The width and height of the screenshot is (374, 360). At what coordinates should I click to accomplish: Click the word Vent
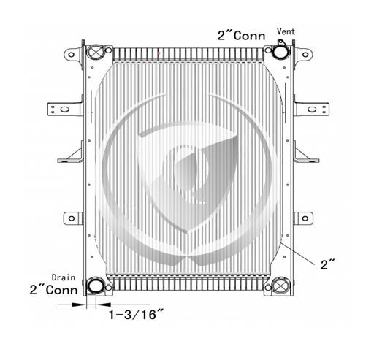[x=286, y=31]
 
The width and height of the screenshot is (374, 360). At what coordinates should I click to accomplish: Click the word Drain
[x=64, y=277]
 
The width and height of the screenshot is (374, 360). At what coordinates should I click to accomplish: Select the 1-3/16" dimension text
[x=136, y=315]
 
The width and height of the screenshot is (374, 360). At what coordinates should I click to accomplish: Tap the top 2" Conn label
[x=241, y=36]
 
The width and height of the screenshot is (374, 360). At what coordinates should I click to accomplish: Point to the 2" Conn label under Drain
[x=53, y=290]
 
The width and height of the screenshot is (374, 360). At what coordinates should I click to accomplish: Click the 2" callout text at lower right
[x=328, y=264]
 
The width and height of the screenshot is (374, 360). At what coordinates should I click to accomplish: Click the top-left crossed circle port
[x=95, y=52]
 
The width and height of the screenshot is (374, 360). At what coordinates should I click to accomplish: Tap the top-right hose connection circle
[x=280, y=52]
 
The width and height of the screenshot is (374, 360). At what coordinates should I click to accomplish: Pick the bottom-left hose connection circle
[x=95, y=286]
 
